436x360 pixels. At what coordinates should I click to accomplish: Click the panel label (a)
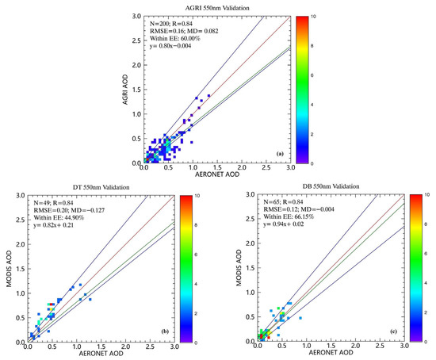(x=279, y=152)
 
